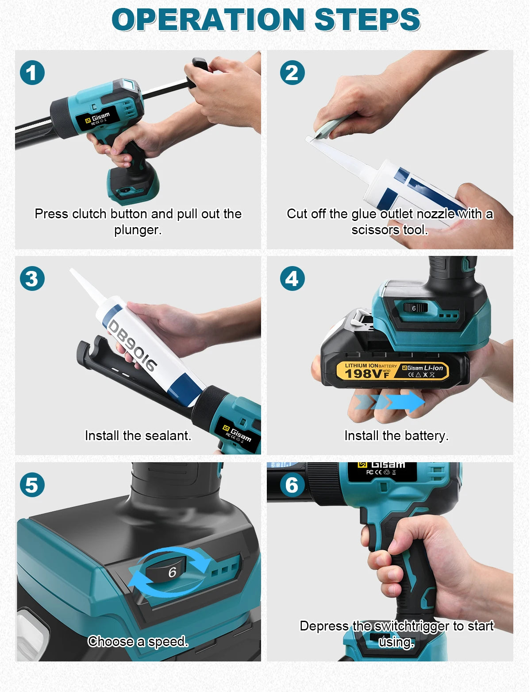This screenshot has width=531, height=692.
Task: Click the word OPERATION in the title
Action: tap(208, 19)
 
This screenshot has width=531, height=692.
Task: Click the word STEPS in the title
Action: tap(367, 19)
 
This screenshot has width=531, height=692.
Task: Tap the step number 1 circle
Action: tap(32, 73)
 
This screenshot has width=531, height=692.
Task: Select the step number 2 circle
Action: tap(292, 73)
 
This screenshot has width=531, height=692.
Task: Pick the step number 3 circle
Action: tap(32, 278)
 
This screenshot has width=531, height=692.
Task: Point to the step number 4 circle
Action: tap(292, 278)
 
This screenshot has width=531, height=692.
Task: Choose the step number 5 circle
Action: tap(32, 485)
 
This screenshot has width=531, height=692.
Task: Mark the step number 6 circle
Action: tap(292, 485)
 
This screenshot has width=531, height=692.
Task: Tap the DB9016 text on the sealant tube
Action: tap(132, 345)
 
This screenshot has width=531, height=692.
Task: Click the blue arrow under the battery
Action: tap(390, 402)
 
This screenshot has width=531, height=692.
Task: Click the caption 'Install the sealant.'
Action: tap(138, 435)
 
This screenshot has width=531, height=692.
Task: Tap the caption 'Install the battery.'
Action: tap(396, 435)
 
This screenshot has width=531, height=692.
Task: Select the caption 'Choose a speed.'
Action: tap(138, 641)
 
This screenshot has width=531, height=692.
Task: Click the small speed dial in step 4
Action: tap(415, 308)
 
